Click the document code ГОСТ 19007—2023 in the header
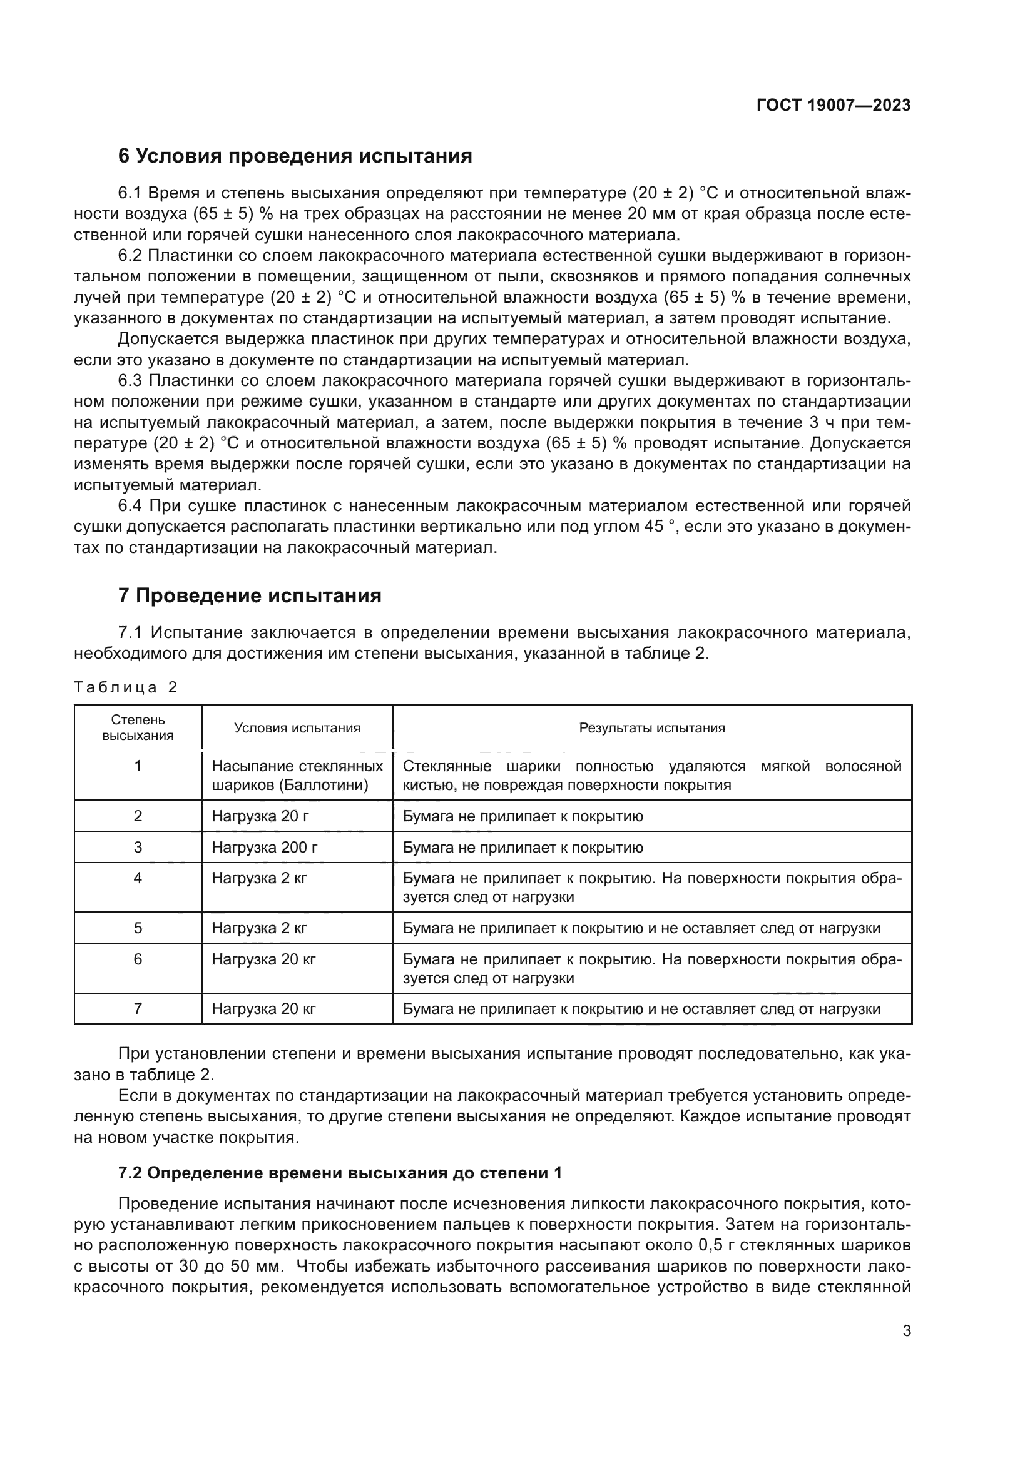pos(833,106)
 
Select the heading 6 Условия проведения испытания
pos(295,156)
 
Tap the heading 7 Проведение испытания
pos(250,596)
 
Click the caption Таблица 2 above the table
pos(126,687)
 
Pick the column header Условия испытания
pos(297,727)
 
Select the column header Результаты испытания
pos(651,727)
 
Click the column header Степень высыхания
pos(138,727)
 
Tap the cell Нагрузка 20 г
pos(260,816)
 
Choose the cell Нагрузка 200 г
pos(265,848)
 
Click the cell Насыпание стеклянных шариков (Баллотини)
pos(297,776)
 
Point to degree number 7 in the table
pos(138,1009)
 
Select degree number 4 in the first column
pos(138,879)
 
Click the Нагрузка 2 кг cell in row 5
pos(260,928)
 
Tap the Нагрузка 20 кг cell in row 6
pos(263,959)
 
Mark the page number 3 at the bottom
pos(906,1331)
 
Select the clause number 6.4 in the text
pos(131,506)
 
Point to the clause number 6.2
pos(130,256)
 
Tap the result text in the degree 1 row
pos(651,776)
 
